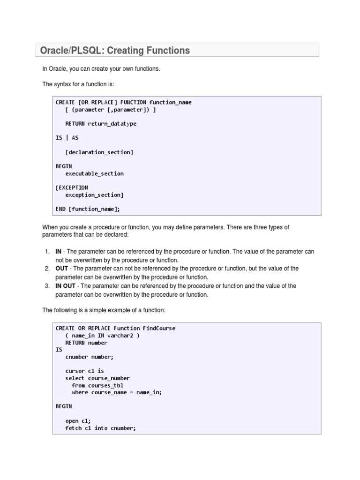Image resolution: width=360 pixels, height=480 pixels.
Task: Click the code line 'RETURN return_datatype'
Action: pos(101,124)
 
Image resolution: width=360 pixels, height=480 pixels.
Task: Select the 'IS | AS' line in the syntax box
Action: pos(67,138)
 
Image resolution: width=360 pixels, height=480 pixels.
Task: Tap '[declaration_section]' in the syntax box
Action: pos(99,152)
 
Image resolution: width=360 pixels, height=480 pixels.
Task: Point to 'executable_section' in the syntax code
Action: pos(94,173)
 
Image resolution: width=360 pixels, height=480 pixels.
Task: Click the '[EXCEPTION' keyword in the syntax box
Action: pos(72,187)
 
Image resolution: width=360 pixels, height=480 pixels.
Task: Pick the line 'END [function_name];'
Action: pos(91,209)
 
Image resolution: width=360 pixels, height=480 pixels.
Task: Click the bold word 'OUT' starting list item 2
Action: pos(62,269)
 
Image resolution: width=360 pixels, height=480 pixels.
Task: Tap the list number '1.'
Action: pos(47,252)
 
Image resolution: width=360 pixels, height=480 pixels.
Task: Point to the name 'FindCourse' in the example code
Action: pos(159,328)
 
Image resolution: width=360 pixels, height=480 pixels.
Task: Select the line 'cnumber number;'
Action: pos(89,357)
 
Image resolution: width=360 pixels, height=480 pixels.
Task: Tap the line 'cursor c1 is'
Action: pos(84,371)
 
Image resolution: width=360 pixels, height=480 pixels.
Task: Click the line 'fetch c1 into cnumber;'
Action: pos(100,428)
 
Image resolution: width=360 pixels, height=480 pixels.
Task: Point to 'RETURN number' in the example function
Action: pos(86,343)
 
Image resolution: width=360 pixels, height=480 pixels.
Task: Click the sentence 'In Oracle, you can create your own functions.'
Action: pos(101,69)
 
